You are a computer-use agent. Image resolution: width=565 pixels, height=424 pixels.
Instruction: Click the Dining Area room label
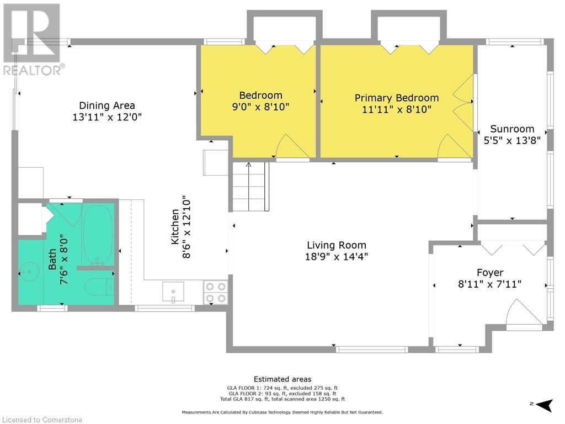coord(107,105)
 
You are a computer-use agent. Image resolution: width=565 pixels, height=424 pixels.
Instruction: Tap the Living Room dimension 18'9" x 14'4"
coord(337,257)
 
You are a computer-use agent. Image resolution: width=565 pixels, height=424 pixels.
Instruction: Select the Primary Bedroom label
coord(397,98)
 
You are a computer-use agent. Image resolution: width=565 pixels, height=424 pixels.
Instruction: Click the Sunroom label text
coord(512,129)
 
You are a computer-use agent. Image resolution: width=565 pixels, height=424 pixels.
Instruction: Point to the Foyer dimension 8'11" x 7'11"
coord(490,284)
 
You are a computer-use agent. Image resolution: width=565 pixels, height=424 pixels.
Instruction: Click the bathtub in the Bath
coord(98,235)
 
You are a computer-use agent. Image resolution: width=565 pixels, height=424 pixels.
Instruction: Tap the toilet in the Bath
coord(99,287)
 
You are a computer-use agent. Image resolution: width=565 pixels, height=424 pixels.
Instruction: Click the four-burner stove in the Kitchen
coord(216,293)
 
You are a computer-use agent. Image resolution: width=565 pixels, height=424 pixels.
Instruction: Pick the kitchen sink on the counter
coord(173,291)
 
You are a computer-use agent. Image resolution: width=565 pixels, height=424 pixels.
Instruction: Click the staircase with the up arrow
coord(250,187)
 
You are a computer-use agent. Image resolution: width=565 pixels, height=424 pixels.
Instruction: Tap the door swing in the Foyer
coord(524,312)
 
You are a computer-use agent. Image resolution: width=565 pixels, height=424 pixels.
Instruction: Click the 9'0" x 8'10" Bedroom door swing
coord(292,146)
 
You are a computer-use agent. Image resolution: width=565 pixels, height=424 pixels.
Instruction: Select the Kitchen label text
coord(175,227)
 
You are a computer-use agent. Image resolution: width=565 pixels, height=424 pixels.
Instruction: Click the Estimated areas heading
coord(282,379)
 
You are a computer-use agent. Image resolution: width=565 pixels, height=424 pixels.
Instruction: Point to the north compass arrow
coord(545,405)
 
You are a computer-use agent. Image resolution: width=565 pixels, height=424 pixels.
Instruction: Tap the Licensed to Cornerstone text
coord(42,420)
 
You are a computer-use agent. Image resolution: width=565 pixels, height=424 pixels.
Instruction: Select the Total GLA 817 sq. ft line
coord(282,399)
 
